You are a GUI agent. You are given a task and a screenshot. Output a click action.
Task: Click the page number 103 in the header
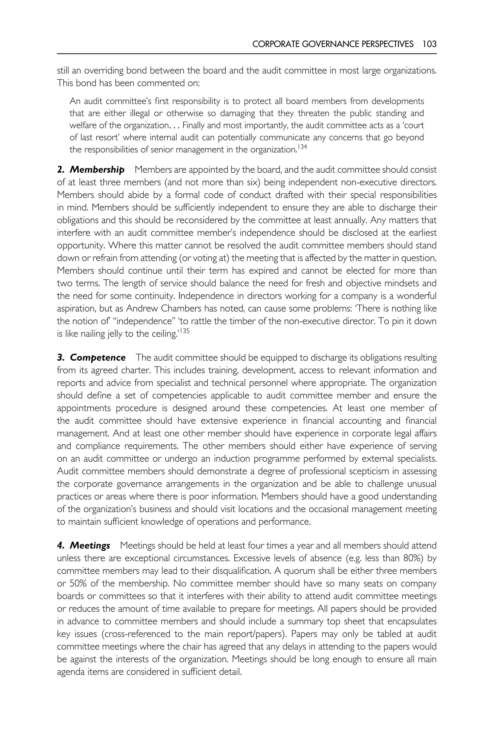click(x=429, y=44)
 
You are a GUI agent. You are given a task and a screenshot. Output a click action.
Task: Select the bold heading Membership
click(x=97, y=170)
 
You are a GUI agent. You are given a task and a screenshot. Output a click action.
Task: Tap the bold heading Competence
click(x=98, y=358)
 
